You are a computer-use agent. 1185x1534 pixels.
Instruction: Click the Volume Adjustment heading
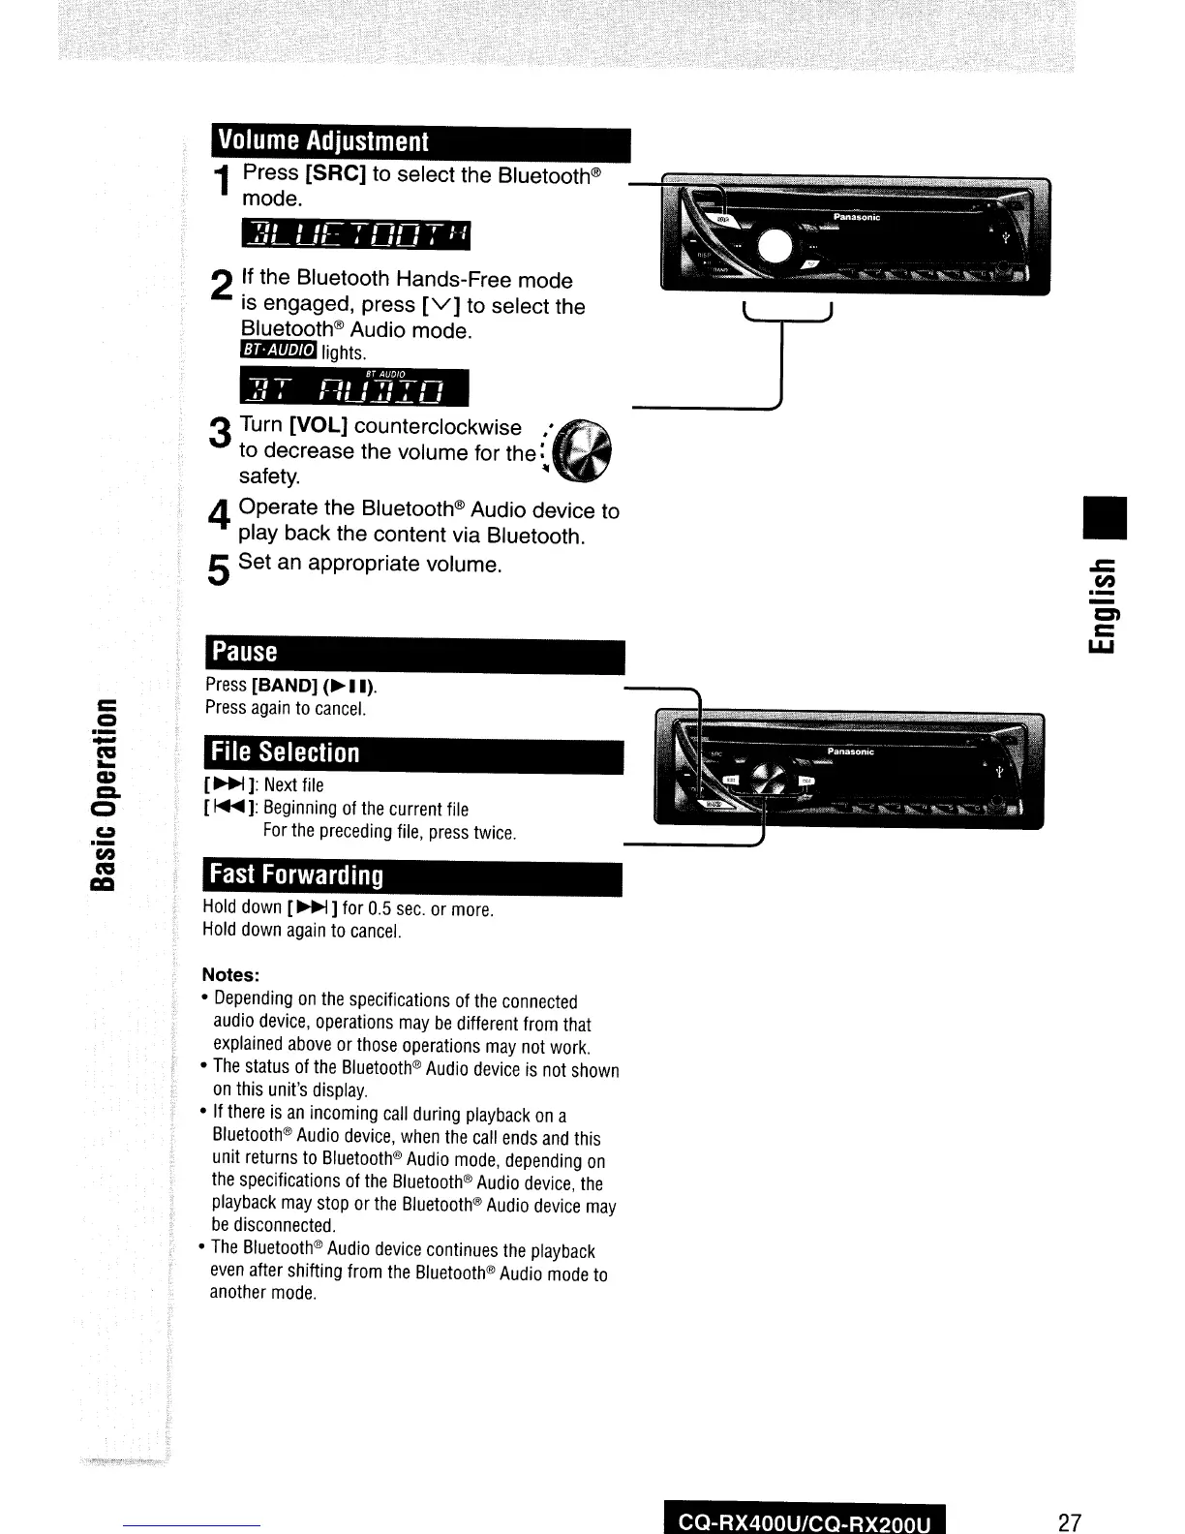[x=322, y=141]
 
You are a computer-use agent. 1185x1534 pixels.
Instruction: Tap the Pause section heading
[x=246, y=652]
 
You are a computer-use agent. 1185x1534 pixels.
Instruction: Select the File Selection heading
[x=285, y=752]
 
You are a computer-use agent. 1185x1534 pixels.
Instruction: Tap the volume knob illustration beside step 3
[x=588, y=452]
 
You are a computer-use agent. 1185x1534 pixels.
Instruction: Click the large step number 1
[x=223, y=183]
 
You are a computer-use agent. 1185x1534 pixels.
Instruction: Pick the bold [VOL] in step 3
[x=313, y=426]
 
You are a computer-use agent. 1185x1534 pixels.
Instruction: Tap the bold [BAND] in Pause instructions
[x=285, y=686]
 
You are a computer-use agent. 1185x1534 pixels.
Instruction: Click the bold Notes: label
[x=230, y=974]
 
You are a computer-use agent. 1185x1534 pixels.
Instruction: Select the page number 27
[x=1069, y=1521]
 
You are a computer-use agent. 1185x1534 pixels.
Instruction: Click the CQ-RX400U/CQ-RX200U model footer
[x=805, y=1522]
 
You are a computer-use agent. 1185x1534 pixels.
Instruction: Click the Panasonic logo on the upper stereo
[x=856, y=218]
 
